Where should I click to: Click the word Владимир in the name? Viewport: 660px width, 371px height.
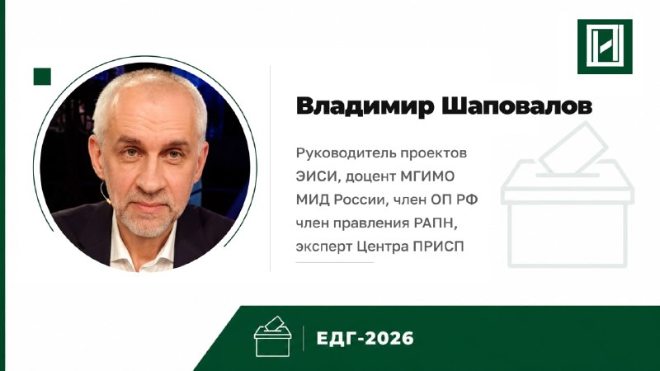pyautogui.click(x=365, y=106)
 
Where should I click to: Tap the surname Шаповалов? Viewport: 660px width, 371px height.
pyautogui.click(x=516, y=106)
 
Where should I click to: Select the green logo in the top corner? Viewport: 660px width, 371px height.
pyautogui.click(x=605, y=46)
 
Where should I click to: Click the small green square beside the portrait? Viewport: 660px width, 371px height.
pyautogui.click(x=42, y=77)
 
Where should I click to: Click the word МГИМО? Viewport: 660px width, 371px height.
pyautogui.click(x=427, y=176)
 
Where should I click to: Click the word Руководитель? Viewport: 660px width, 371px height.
pyautogui.click(x=346, y=153)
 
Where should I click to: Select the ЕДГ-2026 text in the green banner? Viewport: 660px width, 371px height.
pyautogui.click(x=365, y=338)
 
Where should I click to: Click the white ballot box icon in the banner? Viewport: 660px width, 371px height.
pyautogui.click(x=272, y=336)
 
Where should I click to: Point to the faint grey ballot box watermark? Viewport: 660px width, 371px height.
pyautogui.click(x=567, y=195)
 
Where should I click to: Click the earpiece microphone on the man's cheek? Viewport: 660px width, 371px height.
pyautogui.click(x=106, y=193)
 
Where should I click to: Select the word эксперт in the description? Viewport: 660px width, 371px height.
pyautogui.click(x=323, y=247)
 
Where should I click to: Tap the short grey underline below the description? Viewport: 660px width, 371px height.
pyautogui.click(x=335, y=262)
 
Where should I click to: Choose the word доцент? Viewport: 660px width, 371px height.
pyautogui.click(x=370, y=177)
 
